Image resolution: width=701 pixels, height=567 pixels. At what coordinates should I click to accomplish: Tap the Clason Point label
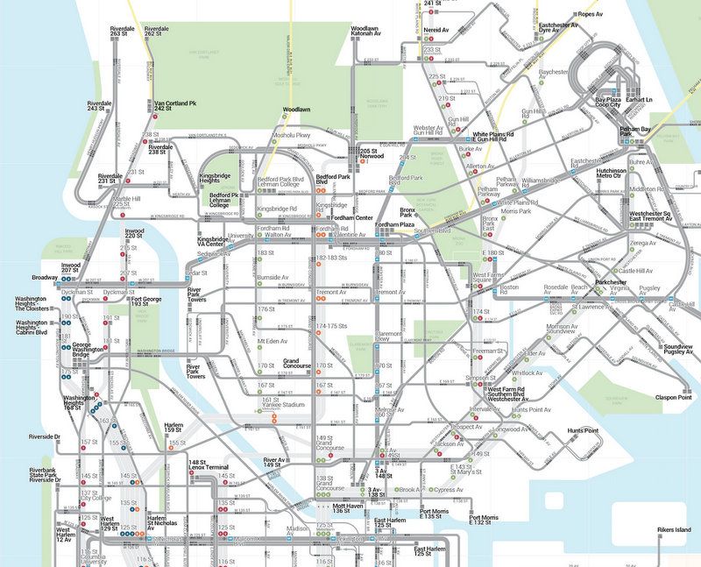click(673, 397)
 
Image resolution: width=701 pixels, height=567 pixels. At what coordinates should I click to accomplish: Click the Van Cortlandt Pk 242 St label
click(174, 106)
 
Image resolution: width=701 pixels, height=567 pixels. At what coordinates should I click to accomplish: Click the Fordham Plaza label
click(394, 225)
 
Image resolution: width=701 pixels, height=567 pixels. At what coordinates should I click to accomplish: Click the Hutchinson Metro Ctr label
click(613, 174)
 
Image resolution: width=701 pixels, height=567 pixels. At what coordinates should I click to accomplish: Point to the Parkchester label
click(612, 282)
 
